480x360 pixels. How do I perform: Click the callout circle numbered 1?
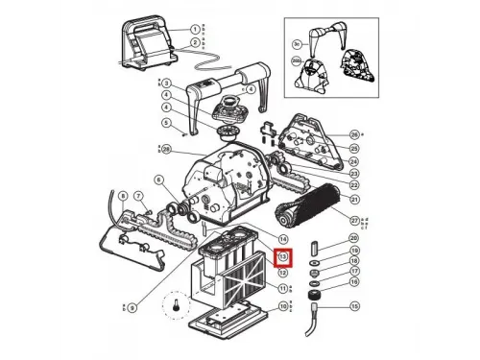pos(195,30)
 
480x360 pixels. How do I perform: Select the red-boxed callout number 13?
pos(283,257)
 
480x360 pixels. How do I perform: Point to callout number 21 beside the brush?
pos(354,200)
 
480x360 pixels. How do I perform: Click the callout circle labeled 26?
pos(354,134)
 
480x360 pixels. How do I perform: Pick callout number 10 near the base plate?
pos(283,307)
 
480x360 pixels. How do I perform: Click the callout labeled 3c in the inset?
pos(297,44)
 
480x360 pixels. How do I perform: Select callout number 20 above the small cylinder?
pos(354,237)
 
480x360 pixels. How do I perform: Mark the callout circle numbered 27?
pos(354,219)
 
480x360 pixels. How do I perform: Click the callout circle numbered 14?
pos(283,237)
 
